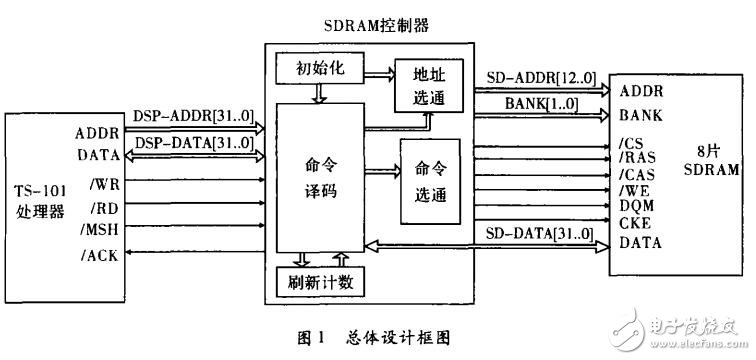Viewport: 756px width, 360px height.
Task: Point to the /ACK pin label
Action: point(102,256)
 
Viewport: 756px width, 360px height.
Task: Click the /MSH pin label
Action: point(103,231)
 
